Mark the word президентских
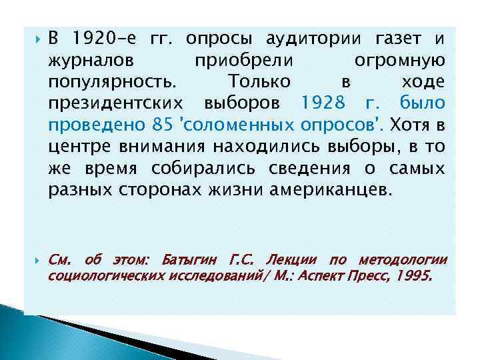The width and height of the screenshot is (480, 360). point(119,103)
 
